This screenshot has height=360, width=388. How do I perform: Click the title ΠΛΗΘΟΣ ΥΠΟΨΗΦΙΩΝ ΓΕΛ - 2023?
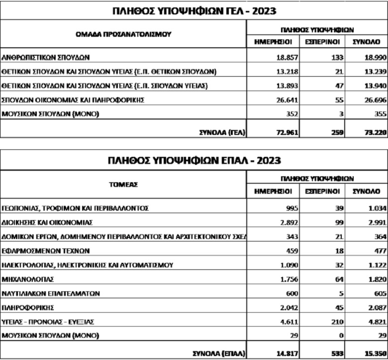tap(194, 10)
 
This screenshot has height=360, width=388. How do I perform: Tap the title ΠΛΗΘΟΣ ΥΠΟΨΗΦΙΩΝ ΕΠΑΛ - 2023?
tap(194, 160)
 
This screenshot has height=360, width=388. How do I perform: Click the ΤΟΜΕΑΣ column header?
tap(123, 184)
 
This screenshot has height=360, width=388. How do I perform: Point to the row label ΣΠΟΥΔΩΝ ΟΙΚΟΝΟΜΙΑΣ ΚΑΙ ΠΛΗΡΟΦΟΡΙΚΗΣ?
tap(73, 100)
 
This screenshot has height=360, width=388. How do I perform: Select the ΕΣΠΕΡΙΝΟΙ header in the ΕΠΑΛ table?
tap(322, 191)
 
